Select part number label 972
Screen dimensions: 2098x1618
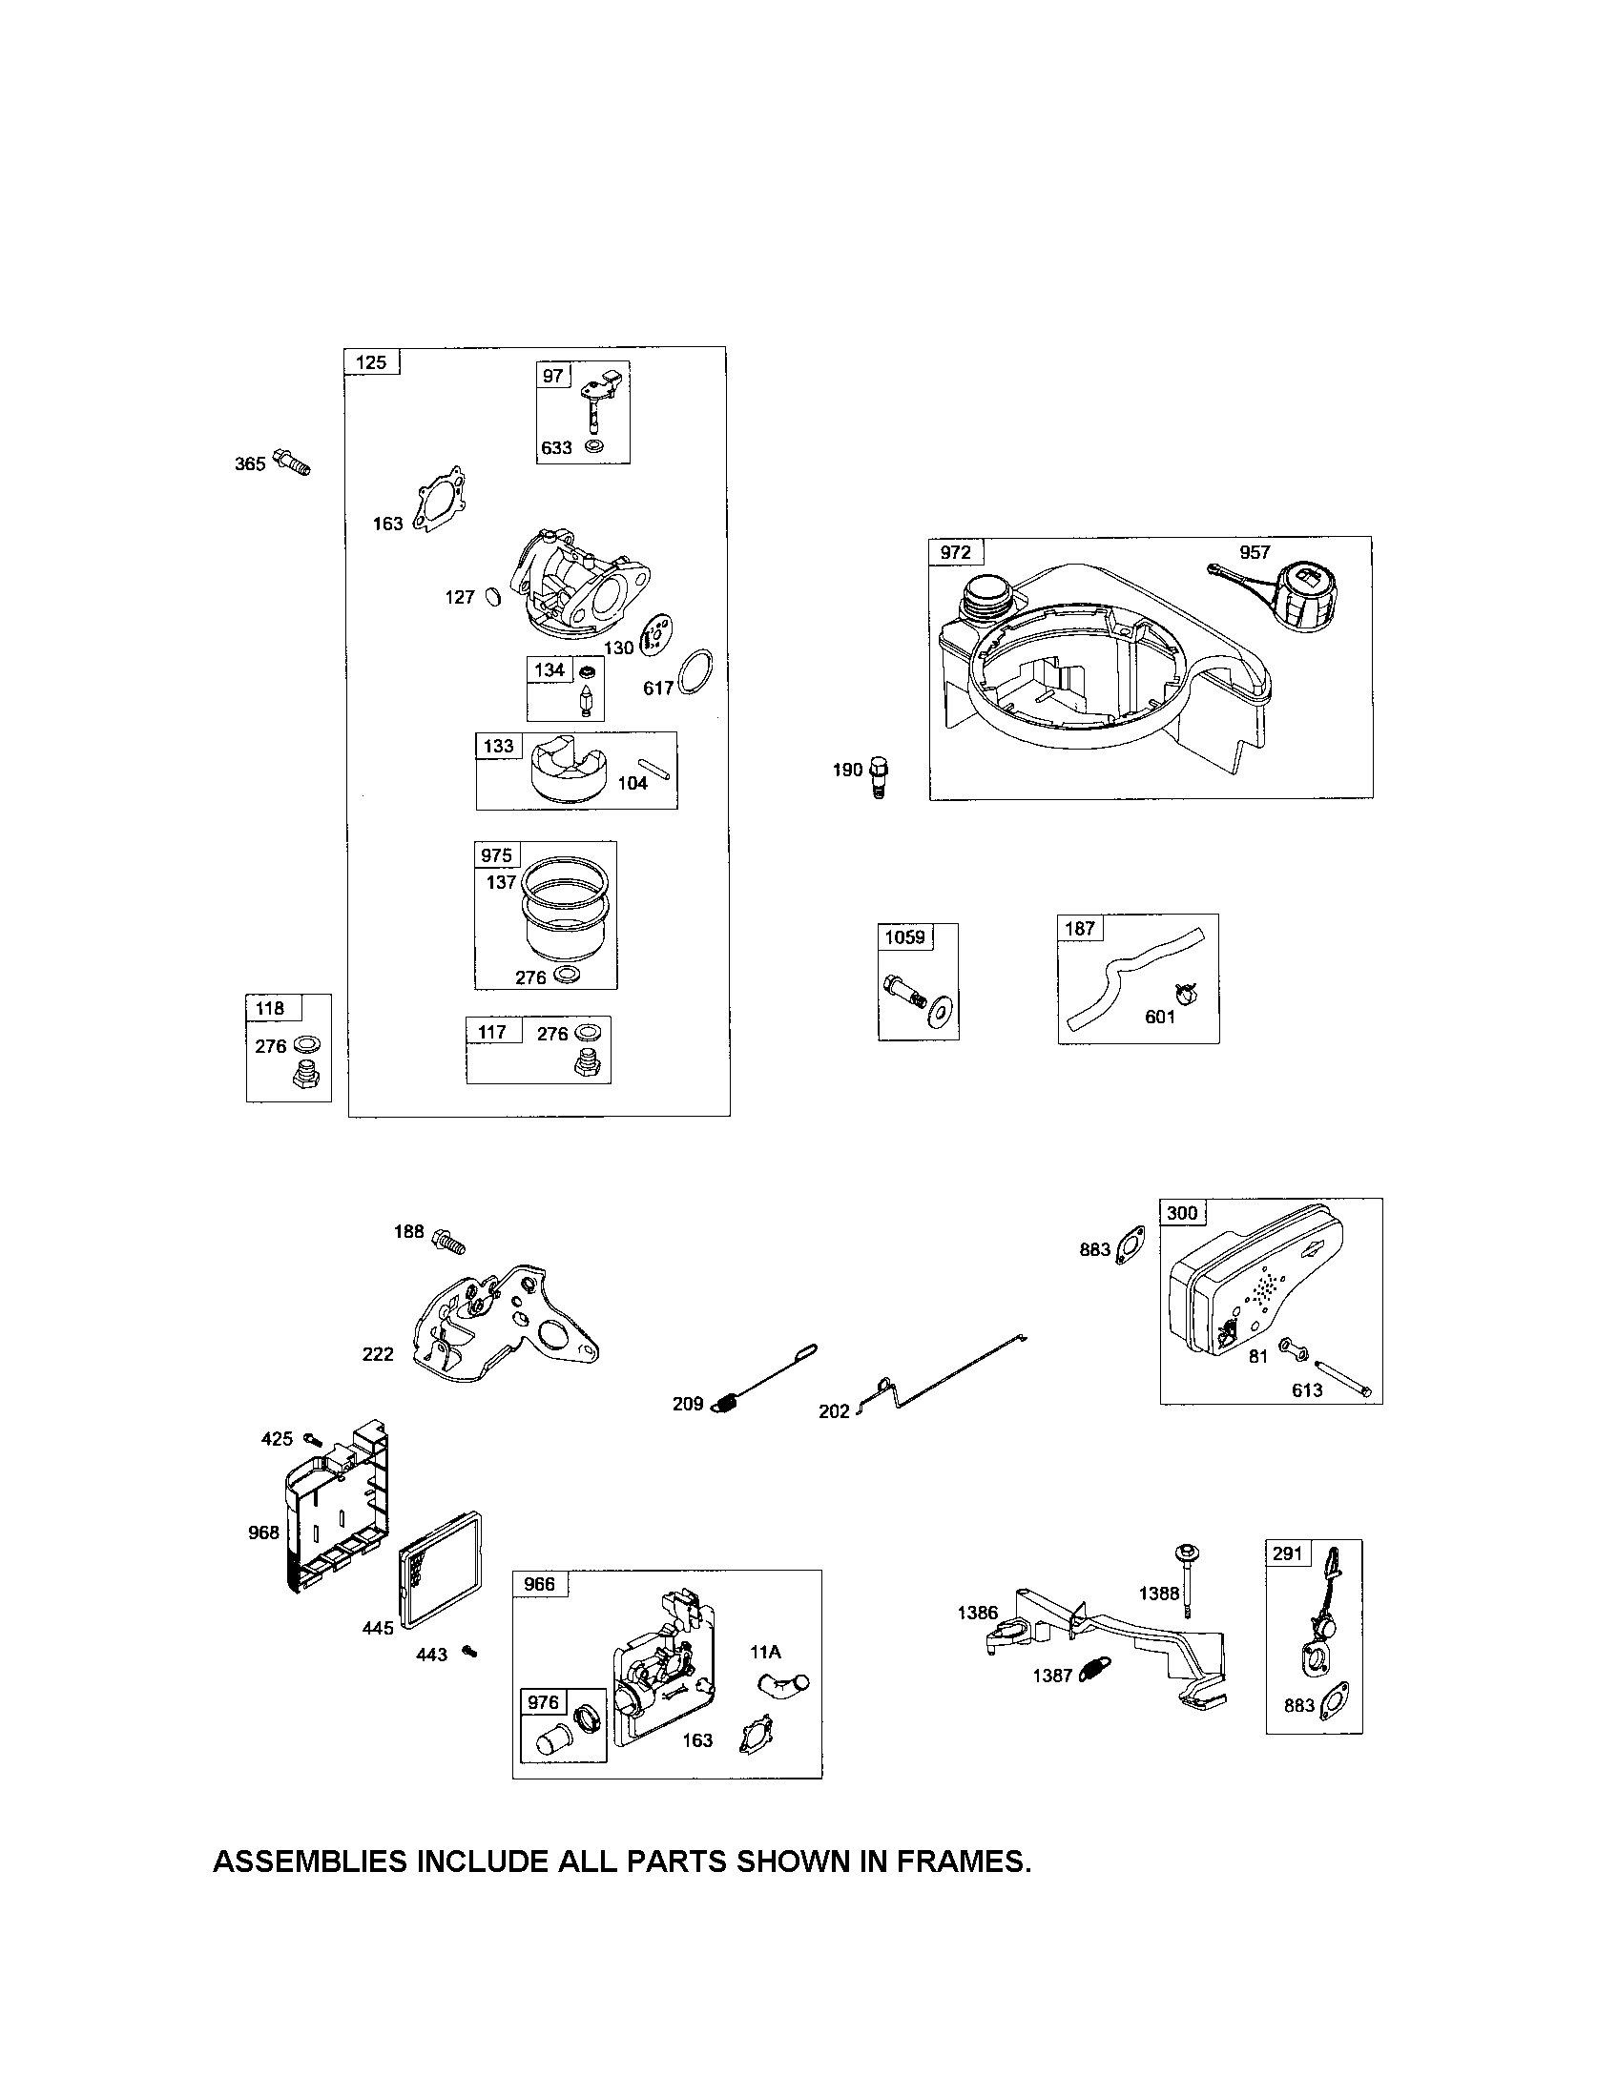coord(955,552)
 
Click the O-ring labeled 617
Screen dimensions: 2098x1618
coord(696,671)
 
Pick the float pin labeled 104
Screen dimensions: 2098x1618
coord(659,768)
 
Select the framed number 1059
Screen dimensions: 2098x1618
coord(904,936)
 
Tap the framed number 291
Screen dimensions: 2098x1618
coord(1287,1553)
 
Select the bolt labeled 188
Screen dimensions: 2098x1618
coord(447,1240)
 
